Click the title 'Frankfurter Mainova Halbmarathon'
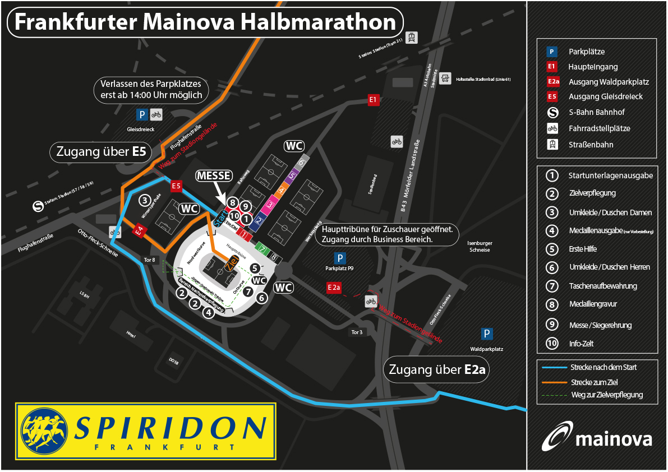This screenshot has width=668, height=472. (x=205, y=22)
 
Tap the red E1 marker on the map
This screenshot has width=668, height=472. (x=374, y=100)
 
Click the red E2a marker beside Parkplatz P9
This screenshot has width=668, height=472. (x=334, y=287)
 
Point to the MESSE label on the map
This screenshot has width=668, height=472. (x=214, y=175)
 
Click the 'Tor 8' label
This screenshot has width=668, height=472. (x=149, y=260)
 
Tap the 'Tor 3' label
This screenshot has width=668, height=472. (x=357, y=332)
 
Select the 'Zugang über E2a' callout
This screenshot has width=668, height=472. (x=435, y=370)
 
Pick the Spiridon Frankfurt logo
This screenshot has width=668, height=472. (x=146, y=431)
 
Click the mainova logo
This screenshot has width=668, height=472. (x=597, y=437)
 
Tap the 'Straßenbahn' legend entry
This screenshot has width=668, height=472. (x=591, y=145)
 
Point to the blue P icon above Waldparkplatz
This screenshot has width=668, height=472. (x=487, y=334)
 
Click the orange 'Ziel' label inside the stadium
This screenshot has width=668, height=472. (x=232, y=262)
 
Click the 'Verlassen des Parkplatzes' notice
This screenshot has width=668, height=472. (x=151, y=89)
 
